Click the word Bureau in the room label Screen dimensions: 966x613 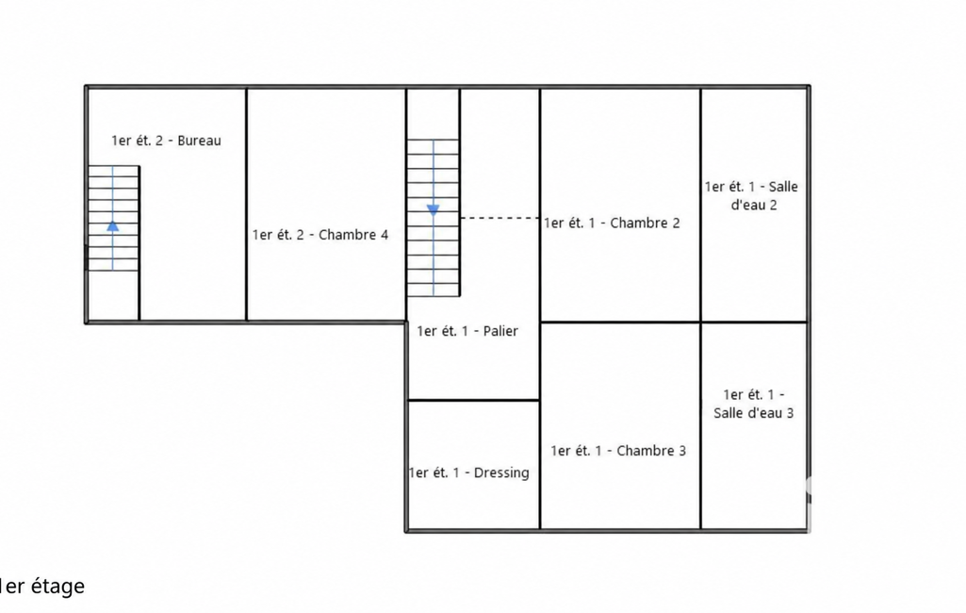coord(199,141)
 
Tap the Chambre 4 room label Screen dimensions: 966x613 coord(320,235)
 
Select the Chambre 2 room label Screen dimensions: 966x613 coord(612,224)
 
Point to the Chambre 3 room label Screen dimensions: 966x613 coord(618,451)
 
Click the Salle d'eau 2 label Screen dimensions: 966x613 coord(752,195)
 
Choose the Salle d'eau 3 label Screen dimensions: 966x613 coord(753,404)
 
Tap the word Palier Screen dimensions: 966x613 coord(500,331)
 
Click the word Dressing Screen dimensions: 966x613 coord(501,473)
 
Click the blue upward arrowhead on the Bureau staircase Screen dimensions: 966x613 coord(113,225)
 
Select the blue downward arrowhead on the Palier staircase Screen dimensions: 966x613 coord(434,210)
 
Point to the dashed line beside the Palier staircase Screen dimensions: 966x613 coord(499,218)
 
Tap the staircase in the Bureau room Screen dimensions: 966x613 coord(113,218)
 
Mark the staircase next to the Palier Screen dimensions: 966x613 coord(434,218)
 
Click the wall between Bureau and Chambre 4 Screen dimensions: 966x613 coord(246,204)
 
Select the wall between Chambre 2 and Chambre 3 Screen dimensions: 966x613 coord(620,322)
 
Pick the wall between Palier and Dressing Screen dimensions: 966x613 coord(474,400)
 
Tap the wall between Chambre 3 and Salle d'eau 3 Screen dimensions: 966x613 coord(700,425)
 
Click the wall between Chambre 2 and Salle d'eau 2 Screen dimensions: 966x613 coord(700,205)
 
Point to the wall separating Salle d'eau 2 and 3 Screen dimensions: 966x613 coord(754,322)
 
